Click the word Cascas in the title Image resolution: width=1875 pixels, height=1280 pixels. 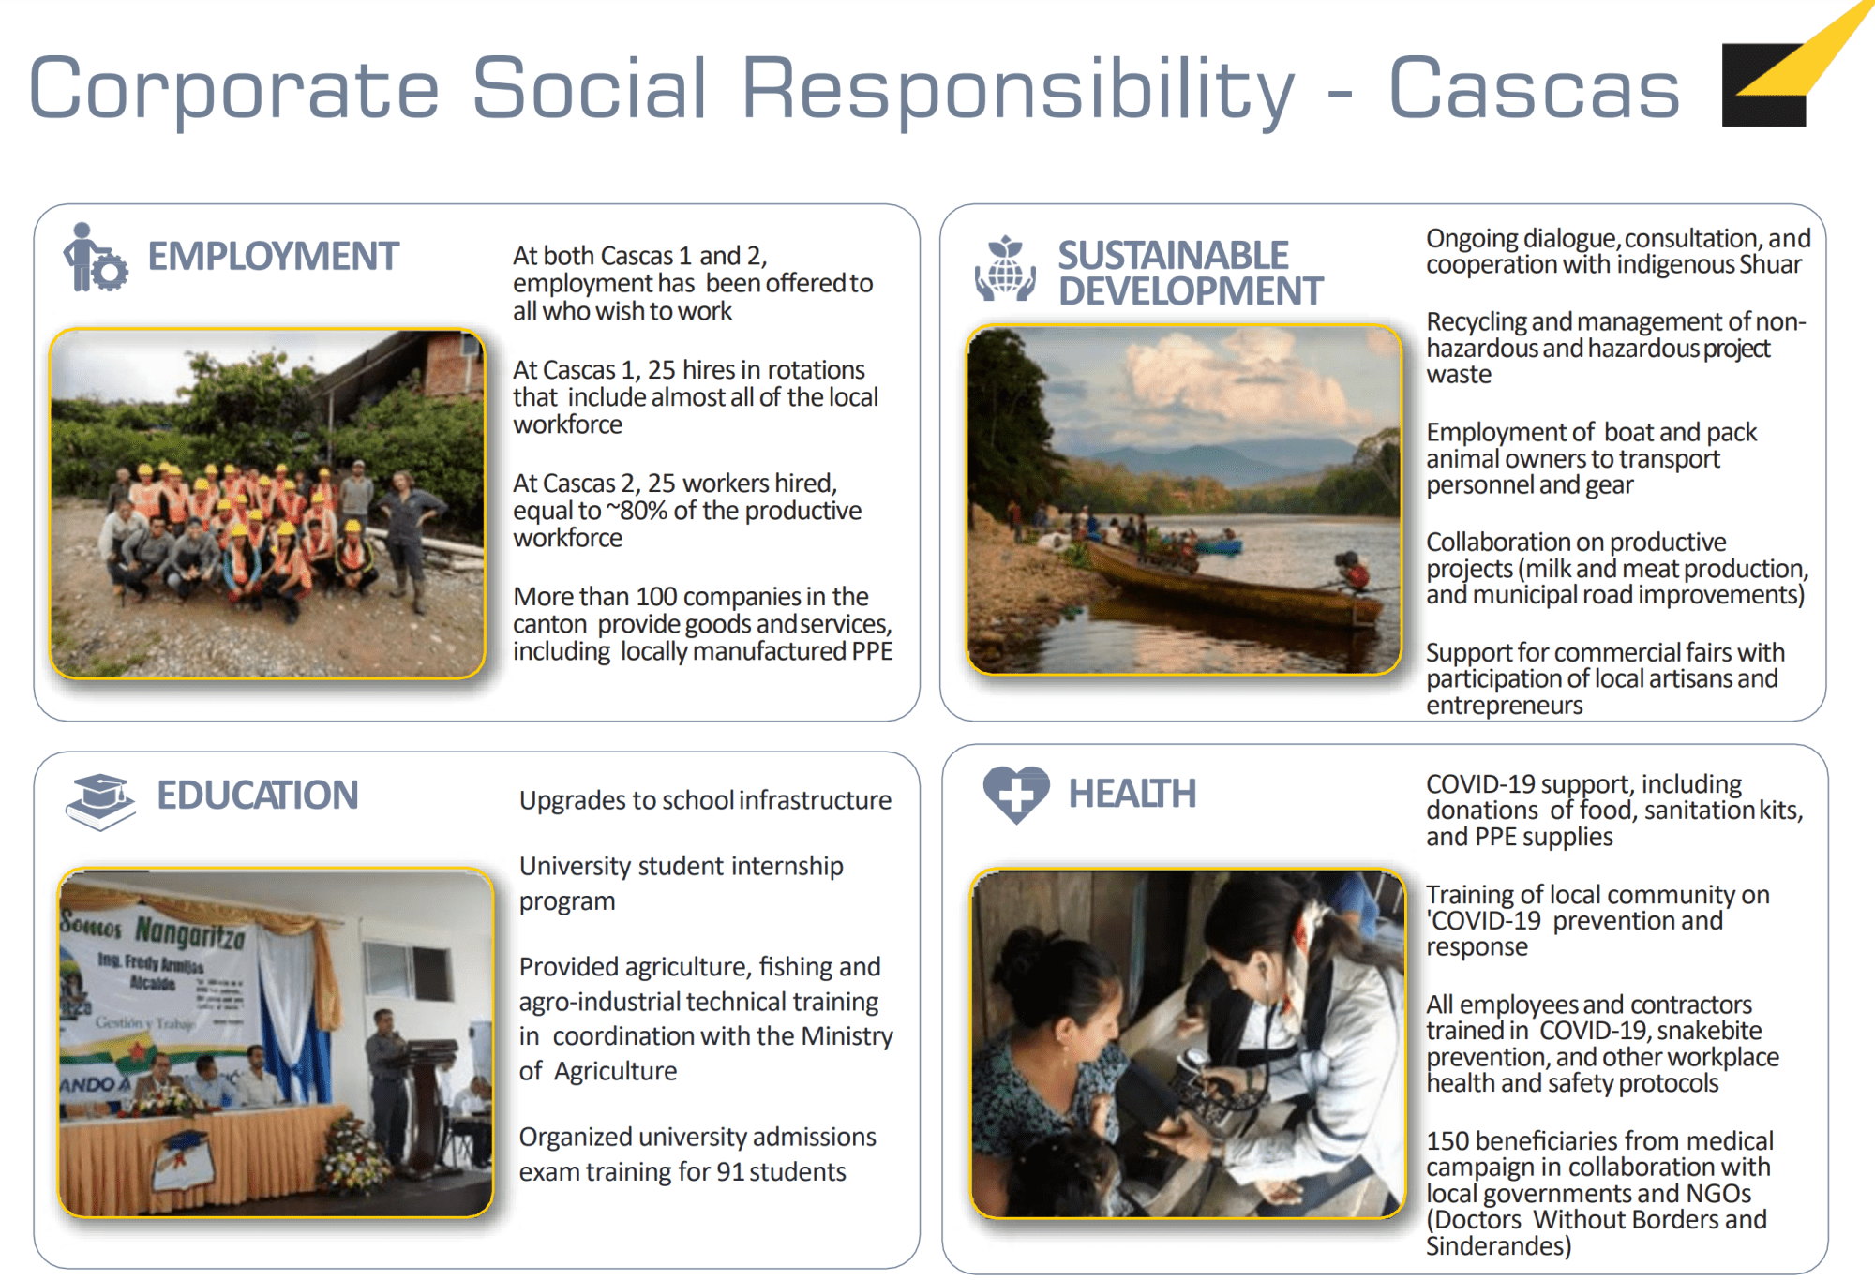[1534, 88]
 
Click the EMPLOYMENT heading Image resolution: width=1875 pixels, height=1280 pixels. [273, 256]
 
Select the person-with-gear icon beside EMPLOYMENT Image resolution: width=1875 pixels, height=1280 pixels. [95, 258]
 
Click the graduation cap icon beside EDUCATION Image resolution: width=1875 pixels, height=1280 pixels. [100, 801]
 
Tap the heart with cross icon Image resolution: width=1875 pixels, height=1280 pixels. [1016, 795]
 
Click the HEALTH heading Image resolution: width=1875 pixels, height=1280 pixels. [1132, 794]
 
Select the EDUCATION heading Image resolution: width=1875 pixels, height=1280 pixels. [257, 795]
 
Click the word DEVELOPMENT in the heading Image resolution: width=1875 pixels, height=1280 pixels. [1191, 291]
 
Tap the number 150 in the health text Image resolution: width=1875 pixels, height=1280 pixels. [1447, 1140]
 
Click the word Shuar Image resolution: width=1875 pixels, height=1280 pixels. [1770, 265]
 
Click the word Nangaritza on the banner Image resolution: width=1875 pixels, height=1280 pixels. [189, 932]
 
